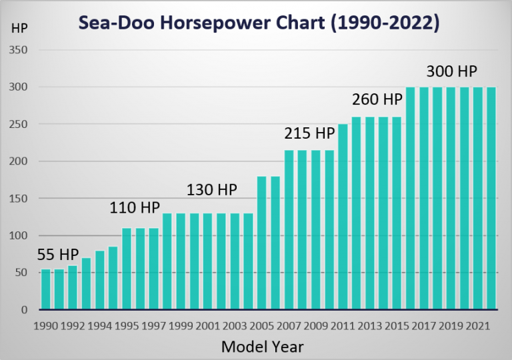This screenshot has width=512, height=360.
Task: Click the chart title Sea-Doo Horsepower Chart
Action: tap(259, 23)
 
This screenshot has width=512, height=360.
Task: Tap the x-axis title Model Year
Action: tap(262, 346)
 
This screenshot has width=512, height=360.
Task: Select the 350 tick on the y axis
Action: tap(19, 50)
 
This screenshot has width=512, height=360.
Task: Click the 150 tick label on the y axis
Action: tap(19, 199)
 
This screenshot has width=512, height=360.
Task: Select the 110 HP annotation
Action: tap(135, 208)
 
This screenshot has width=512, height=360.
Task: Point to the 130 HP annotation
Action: tap(212, 189)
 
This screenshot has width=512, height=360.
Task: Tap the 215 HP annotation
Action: tap(309, 133)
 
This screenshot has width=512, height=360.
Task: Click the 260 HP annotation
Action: tap(377, 99)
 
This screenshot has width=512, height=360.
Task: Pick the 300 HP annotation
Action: tap(452, 71)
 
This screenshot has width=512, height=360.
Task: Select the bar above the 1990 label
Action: tap(46, 289)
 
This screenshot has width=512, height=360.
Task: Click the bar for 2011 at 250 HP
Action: tap(343, 217)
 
